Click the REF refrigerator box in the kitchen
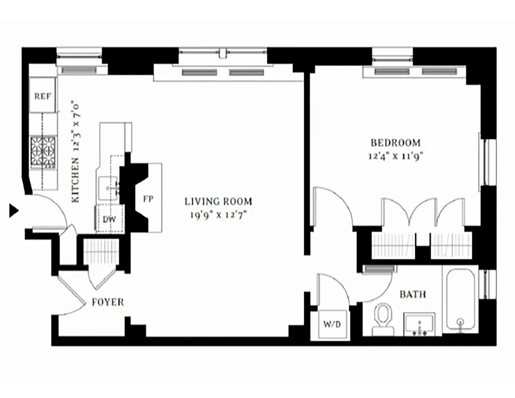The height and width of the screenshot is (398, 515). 43,95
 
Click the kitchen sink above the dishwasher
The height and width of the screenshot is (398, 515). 109,188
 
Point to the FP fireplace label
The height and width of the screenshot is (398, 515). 148,199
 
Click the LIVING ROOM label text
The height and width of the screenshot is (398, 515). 218,201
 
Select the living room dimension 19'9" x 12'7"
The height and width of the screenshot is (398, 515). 218,214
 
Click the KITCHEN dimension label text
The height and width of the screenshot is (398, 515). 76,152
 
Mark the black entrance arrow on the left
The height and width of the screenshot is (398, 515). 14,210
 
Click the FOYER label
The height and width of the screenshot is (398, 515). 108,302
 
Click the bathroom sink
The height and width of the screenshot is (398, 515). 420,324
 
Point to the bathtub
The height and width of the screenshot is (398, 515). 460,300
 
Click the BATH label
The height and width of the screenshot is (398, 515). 413,294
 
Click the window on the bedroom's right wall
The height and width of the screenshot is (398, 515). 488,162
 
